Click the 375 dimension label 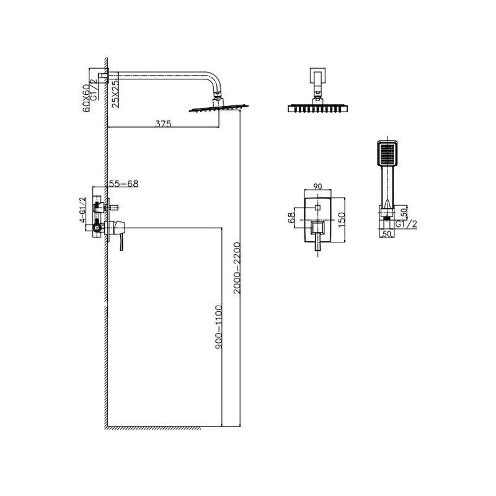163,123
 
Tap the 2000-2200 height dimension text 237,268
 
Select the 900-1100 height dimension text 218,327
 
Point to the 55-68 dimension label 123,184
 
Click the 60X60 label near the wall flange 86,98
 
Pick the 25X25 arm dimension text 116,94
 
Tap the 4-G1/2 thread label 82,210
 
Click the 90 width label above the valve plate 317,187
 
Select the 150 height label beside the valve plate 342,220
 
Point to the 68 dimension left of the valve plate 291,218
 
